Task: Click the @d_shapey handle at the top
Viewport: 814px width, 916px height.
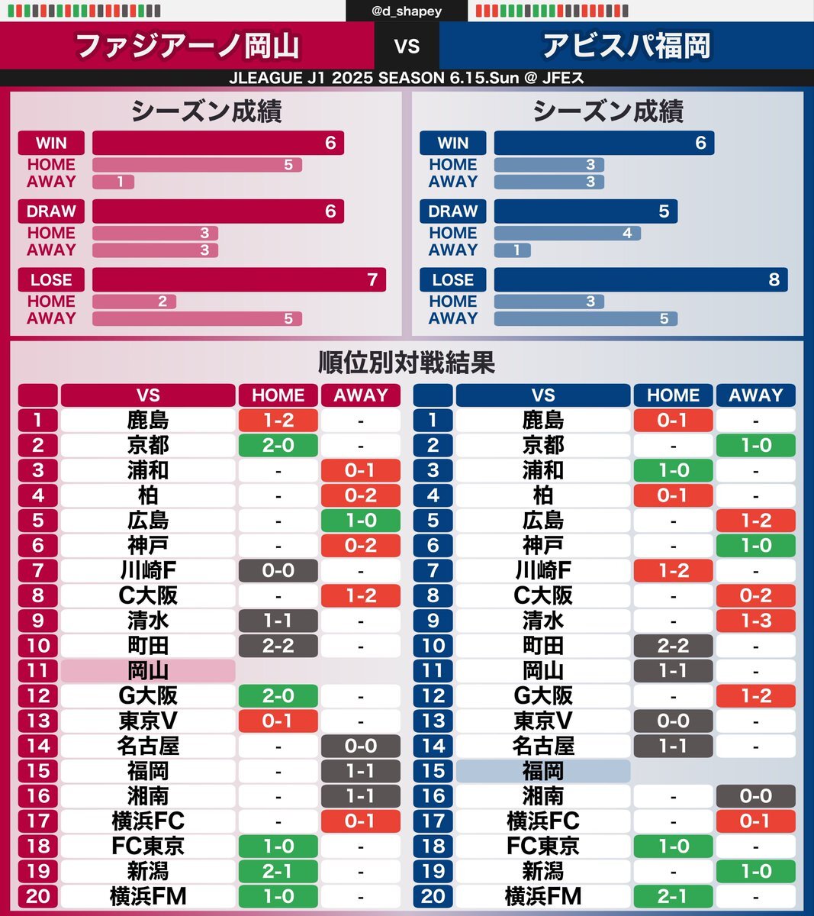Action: (x=407, y=11)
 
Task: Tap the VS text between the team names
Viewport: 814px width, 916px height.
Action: (x=407, y=46)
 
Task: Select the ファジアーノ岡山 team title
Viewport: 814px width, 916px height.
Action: (x=188, y=46)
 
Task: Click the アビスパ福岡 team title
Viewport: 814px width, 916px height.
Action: (x=626, y=46)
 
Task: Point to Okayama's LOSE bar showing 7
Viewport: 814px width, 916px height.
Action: (x=239, y=279)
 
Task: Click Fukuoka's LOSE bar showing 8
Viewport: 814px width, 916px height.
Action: (x=640, y=279)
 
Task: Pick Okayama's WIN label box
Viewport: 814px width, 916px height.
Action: (x=51, y=143)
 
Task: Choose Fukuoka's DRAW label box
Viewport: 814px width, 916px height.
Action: (x=452, y=211)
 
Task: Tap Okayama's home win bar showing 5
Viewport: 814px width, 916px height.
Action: (x=197, y=165)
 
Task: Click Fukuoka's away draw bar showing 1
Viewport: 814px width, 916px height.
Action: (x=512, y=250)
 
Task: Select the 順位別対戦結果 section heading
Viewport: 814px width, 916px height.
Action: (x=407, y=362)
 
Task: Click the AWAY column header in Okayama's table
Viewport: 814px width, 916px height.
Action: (x=361, y=395)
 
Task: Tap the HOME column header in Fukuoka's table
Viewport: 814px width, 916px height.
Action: (x=673, y=395)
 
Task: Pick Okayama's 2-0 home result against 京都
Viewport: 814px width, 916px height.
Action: (x=278, y=445)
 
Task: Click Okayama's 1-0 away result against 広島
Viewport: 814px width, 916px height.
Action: (x=361, y=521)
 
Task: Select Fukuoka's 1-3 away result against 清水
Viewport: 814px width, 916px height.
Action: (x=755, y=621)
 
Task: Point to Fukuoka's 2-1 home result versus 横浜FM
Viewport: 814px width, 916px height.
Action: (x=673, y=896)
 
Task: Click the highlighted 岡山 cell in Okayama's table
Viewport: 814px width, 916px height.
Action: (x=148, y=671)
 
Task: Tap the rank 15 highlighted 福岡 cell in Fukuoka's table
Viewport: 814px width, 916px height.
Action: (x=543, y=771)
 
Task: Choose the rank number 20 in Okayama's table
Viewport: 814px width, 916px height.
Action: (x=38, y=896)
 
